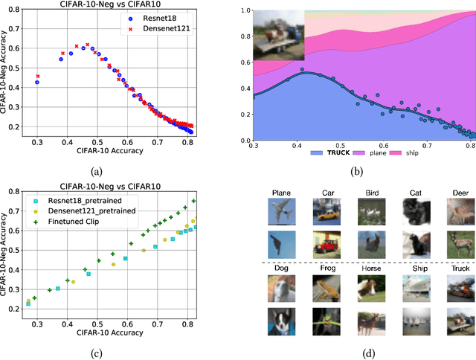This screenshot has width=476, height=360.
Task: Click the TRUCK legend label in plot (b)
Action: coord(338,152)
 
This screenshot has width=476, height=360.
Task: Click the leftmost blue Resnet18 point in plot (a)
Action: coord(37,82)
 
